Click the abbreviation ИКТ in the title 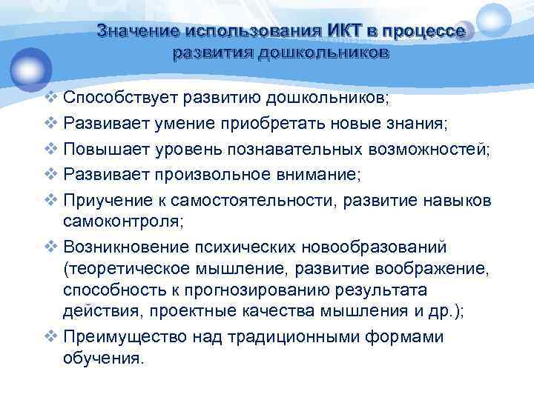[342, 32]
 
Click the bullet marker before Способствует [50, 98]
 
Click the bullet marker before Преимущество [50, 337]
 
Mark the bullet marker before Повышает [50, 150]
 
